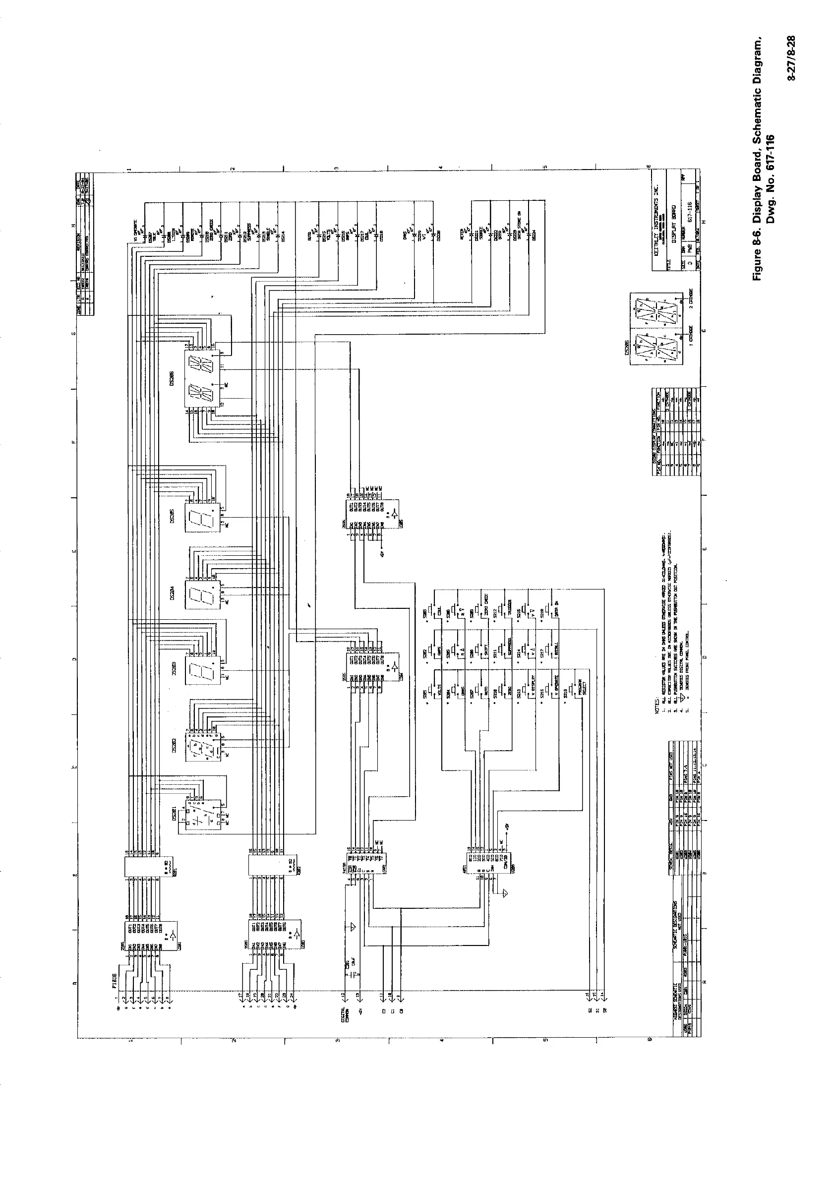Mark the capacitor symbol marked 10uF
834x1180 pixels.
(x=350, y=976)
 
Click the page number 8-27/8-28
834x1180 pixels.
(x=792, y=58)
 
